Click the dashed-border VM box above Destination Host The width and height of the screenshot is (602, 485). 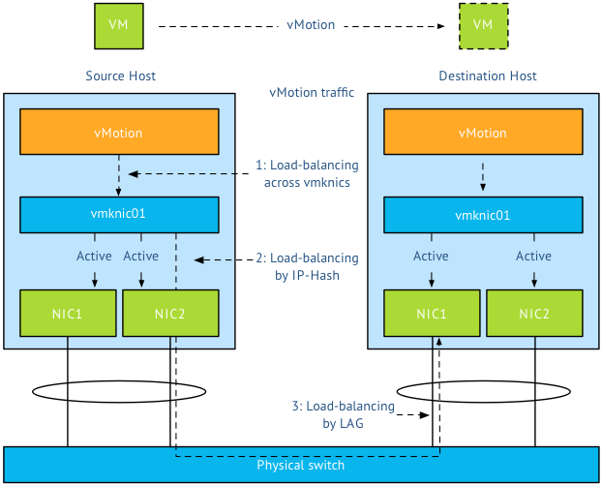click(483, 25)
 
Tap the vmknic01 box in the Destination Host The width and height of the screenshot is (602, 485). click(483, 214)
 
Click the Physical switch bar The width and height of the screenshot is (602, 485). click(300, 465)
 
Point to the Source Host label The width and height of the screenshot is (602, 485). click(120, 76)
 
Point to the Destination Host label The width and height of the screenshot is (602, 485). click(487, 76)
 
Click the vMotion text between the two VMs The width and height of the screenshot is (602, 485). click(311, 25)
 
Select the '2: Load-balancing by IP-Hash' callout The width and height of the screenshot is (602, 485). click(307, 266)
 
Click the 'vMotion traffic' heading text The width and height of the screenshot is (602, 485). click(311, 93)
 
